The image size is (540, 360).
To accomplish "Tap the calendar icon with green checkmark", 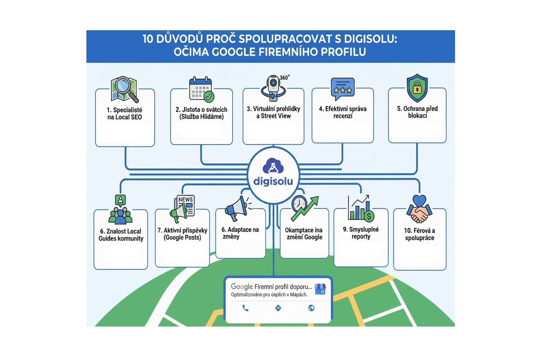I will coord(201,89).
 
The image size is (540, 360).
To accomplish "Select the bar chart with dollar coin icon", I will coord(361,209).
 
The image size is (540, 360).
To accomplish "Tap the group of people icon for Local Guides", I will coord(121,210).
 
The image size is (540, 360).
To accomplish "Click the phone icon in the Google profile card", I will coord(246,308).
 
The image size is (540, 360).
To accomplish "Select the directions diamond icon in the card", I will coord(278,308).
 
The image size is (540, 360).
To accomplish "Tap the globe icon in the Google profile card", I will coord(311,308).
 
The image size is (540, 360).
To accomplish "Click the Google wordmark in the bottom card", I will coord(242,287).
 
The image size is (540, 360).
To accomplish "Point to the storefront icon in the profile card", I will coord(320,289).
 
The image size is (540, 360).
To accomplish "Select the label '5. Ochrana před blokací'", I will coord(417,112).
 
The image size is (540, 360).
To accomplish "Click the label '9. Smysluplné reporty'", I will coord(361,233).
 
